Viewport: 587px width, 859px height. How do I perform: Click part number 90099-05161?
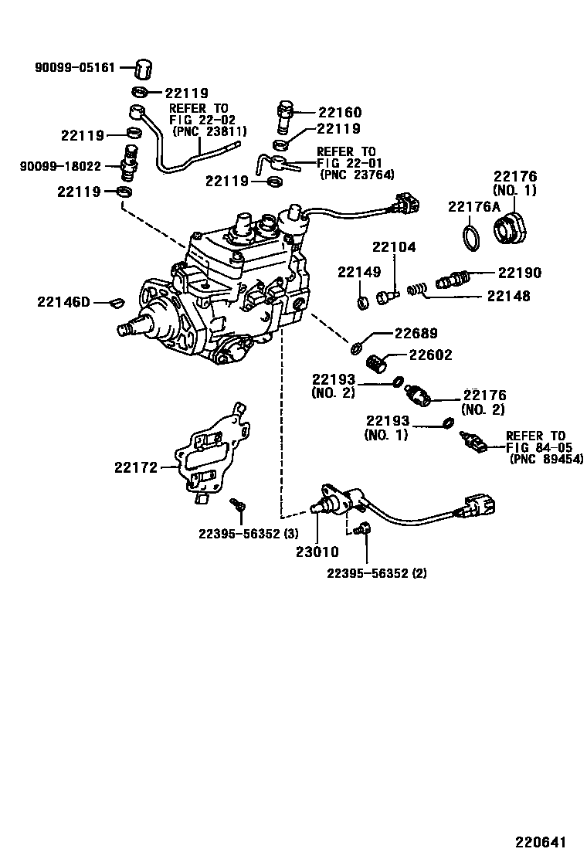click(x=74, y=68)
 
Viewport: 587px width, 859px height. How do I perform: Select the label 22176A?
click(x=474, y=206)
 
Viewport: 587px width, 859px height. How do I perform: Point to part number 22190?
click(x=519, y=273)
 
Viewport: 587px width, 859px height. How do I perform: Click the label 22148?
click(x=508, y=296)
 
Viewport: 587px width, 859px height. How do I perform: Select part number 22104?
click(x=394, y=248)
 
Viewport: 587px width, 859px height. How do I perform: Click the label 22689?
click(x=416, y=334)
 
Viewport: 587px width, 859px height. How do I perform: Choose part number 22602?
click(x=430, y=355)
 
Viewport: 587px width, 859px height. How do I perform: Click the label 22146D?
click(x=63, y=302)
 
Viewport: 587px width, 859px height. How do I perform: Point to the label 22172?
click(x=137, y=467)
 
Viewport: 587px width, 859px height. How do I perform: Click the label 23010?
click(x=317, y=552)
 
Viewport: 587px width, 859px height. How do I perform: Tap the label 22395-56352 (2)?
click(x=376, y=572)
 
